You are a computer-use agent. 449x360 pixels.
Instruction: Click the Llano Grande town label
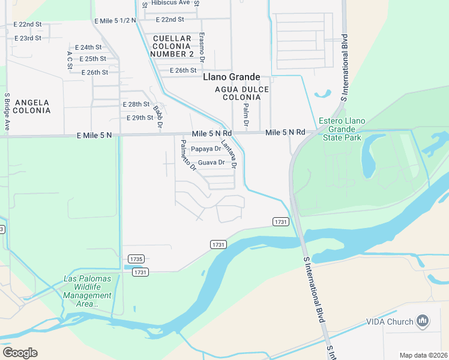click(232, 77)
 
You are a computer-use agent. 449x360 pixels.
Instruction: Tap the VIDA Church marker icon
click(423, 322)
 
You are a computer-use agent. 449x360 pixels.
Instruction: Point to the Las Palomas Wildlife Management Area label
click(88, 291)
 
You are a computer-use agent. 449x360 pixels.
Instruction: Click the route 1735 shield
click(136, 259)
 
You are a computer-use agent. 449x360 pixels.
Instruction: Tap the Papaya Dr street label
click(206, 149)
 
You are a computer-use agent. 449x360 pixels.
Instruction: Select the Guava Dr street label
click(211, 163)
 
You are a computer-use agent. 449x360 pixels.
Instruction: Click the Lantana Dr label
click(229, 154)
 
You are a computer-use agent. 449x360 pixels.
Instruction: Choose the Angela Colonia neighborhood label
click(32, 106)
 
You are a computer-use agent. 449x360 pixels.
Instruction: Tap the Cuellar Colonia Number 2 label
click(173, 46)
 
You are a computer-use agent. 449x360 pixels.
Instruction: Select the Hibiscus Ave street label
click(170, 3)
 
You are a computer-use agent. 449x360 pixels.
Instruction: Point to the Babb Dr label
click(158, 117)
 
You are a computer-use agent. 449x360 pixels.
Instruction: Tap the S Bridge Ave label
click(7, 112)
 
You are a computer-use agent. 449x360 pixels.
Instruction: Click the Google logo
click(20, 353)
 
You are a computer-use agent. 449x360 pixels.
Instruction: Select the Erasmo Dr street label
click(202, 48)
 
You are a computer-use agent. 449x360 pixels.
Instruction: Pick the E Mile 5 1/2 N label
click(115, 20)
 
